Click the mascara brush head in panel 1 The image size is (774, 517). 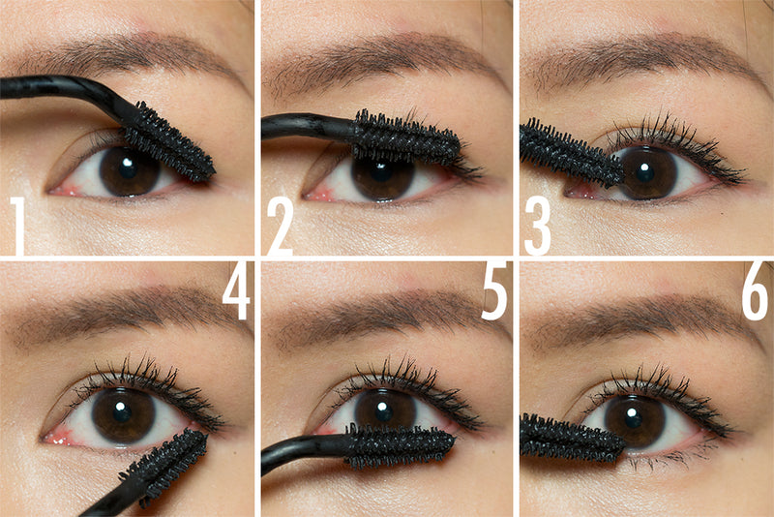[x=169, y=143]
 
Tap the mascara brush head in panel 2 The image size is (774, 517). [x=406, y=137]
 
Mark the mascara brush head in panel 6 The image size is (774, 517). [x=571, y=438]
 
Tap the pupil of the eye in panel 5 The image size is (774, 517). [x=384, y=408]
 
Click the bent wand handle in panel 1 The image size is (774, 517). [x=58, y=88]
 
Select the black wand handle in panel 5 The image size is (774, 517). [x=300, y=454]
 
